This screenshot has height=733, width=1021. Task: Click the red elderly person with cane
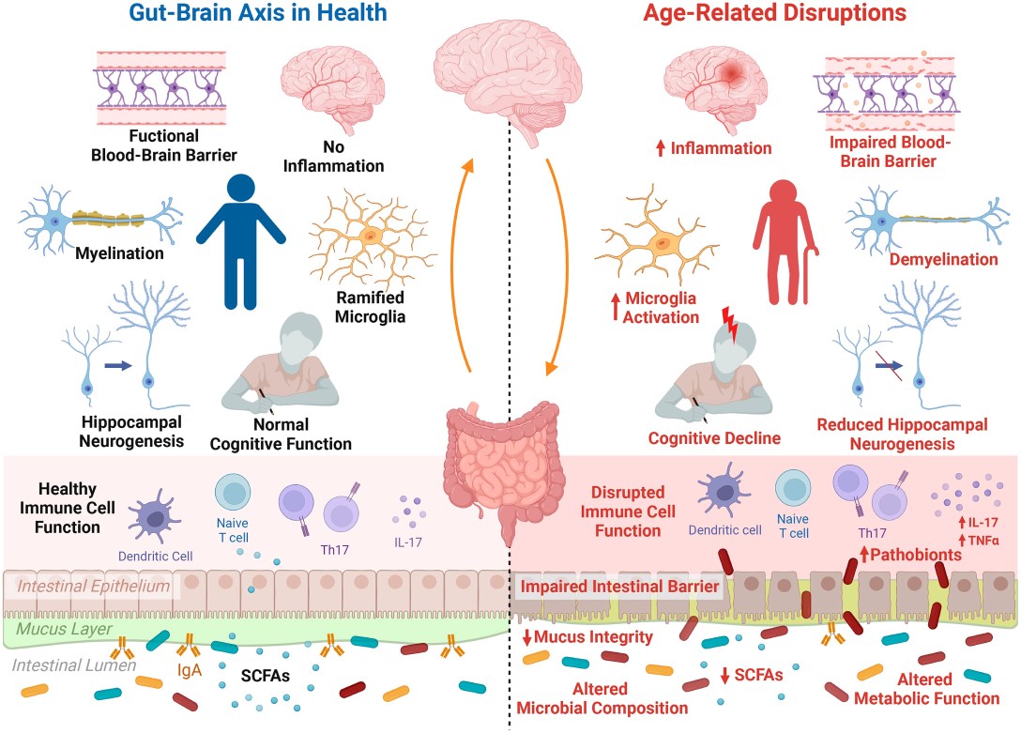[784, 238]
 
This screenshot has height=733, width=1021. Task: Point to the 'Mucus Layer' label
[60, 628]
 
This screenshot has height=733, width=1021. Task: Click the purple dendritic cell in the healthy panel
[152, 515]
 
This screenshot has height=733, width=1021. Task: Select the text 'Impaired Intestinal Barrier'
[618, 587]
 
